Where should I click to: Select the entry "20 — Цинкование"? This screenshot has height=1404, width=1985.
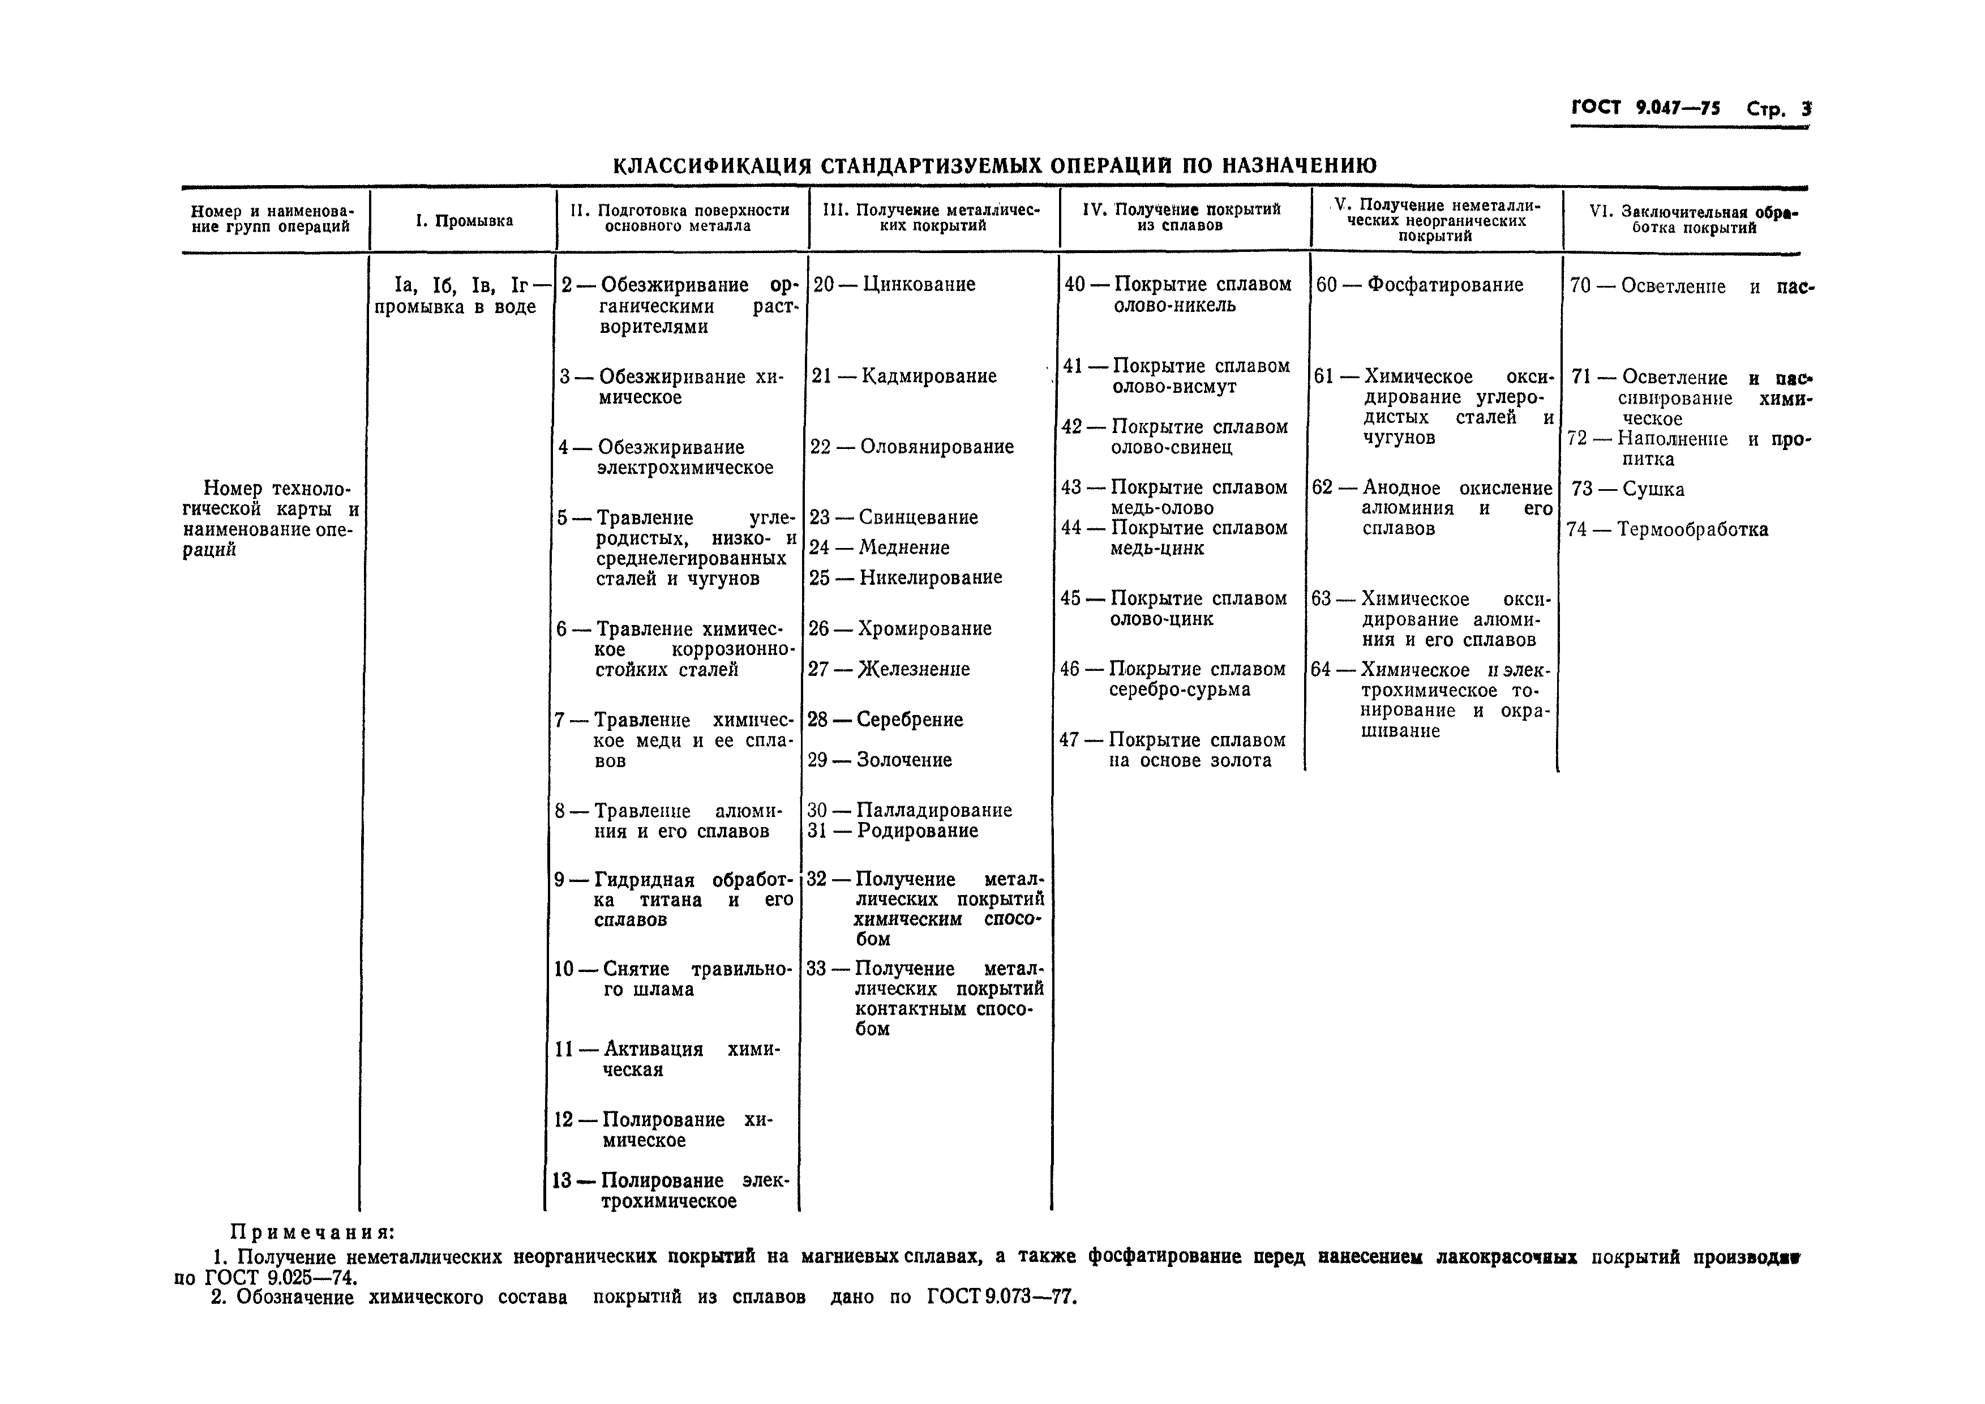point(894,284)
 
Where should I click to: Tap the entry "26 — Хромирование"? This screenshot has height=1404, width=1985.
point(900,628)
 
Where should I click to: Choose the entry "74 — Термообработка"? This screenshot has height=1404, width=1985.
point(1667,529)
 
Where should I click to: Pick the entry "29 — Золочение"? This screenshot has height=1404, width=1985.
point(879,760)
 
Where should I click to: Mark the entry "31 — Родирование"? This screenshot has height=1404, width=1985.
point(892,831)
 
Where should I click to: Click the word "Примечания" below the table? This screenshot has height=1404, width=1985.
point(312,1232)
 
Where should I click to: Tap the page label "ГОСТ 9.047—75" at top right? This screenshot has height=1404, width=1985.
point(1645,108)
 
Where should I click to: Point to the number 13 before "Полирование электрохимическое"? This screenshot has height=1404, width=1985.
point(563,1181)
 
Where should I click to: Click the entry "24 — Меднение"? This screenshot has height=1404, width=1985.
point(878,547)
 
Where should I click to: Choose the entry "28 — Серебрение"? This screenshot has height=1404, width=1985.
point(885,720)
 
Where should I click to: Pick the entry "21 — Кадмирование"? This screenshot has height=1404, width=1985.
point(903,376)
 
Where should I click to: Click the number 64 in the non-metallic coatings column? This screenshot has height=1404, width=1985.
point(1321,670)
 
